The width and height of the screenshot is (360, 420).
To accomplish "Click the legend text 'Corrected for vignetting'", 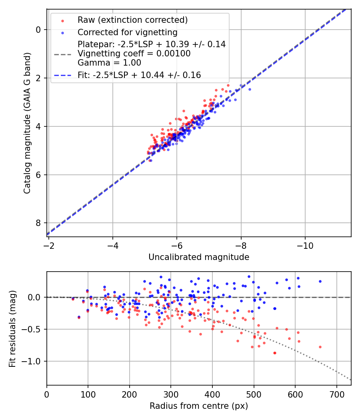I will [x=127, y=32].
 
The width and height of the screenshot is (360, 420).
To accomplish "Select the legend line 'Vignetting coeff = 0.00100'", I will [x=134, y=53].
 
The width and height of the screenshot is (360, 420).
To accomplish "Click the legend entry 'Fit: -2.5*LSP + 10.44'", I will [x=139, y=75].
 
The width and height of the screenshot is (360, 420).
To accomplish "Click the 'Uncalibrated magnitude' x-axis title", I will [x=199, y=257].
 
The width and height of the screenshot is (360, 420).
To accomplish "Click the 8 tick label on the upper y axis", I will [x=38, y=223].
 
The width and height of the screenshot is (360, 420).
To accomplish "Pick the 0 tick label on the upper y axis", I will [x=38, y=30].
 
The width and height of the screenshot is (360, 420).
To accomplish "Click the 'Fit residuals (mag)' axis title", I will [x=12, y=328].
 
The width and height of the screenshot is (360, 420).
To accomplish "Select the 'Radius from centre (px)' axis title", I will [x=199, y=406].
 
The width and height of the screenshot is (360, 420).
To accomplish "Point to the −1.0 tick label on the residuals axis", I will [x=32, y=361].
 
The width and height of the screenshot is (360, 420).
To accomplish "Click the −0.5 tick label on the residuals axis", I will [x=32, y=329].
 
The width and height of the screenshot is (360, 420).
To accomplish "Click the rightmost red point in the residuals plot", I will [x=320, y=347].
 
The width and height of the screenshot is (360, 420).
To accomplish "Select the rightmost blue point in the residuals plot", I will [x=320, y=281].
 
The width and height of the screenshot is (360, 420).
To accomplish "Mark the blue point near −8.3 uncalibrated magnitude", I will [x=250, y=89].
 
